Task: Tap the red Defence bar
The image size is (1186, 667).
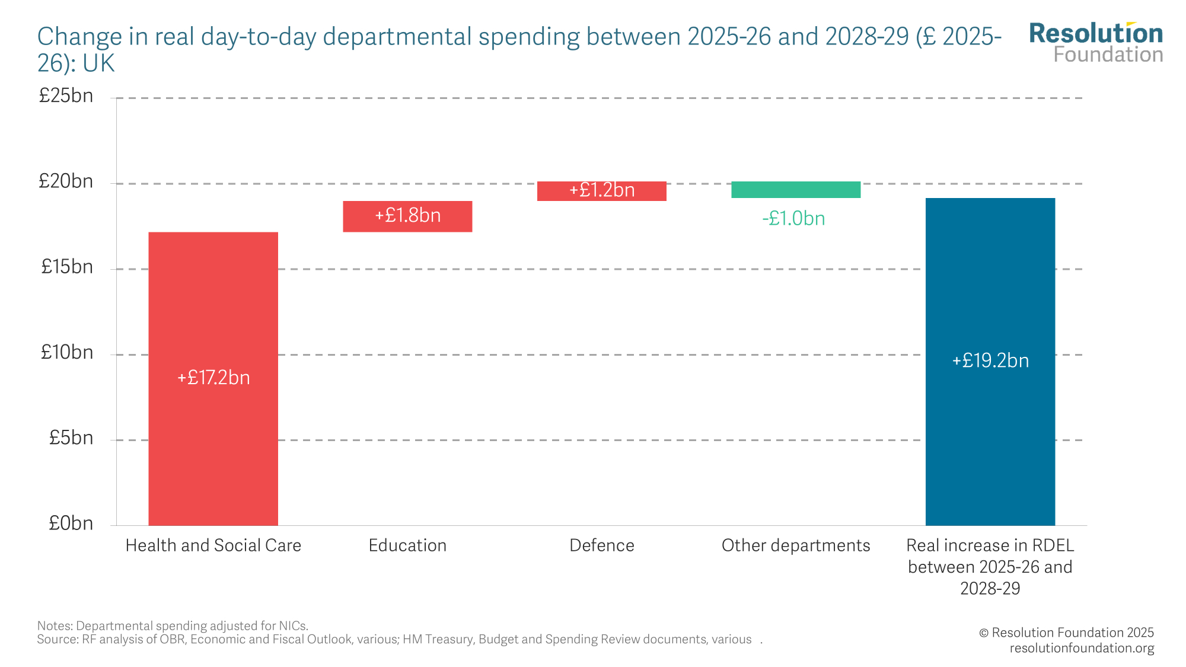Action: pyautogui.click(x=601, y=191)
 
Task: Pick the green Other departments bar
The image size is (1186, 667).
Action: pyautogui.click(x=796, y=190)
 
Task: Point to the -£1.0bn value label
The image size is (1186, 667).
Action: pyautogui.click(x=793, y=219)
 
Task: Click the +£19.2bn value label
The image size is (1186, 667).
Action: pyautogui.click(x=990, y=360)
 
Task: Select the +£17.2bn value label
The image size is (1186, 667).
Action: pyautogui.click(x=213, y=378)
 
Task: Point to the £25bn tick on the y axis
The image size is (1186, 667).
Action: pyautogui.click(x=66, y=96)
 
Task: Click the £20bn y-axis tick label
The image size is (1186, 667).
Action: pyautogui.click(x=66, y=181)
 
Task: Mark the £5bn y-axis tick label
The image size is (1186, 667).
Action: pyautogui.click(x=71, y=438)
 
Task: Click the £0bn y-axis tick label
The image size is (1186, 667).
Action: pyautogui.click(x=71, y=523)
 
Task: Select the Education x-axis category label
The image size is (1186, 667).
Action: pyautogui.click(x=407, y=545)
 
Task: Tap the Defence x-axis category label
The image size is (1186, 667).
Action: pyautogui.click(x=601, y=545)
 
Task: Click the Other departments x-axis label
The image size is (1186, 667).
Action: pyautogui.click(x=796, y=545)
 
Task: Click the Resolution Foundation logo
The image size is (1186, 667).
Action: pyautogui.click(x=1096, y=43)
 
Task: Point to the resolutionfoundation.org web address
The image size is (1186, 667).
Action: pyautogui.click(x=1082, y=648)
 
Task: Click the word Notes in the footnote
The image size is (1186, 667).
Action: pyautogui.click(x=55, y=625)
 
